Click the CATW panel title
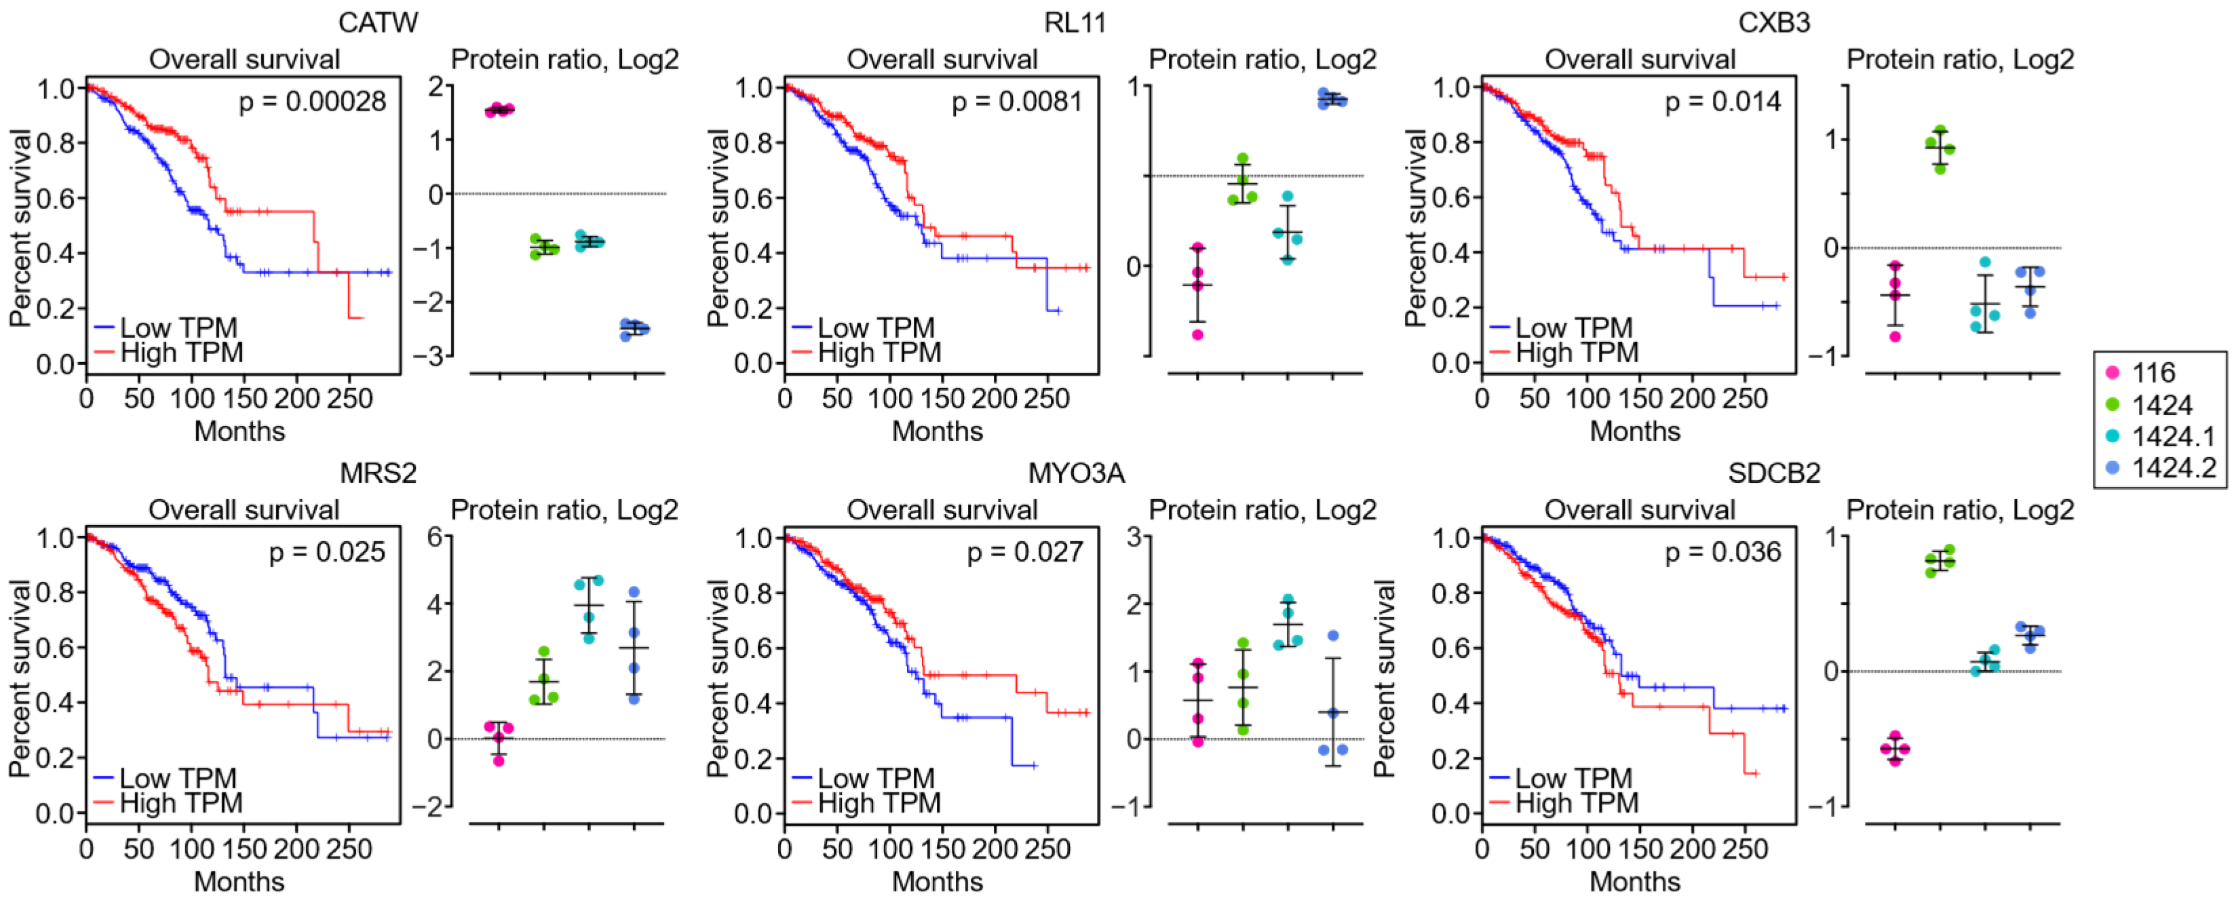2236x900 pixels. pyautogui.click(x=378, y=22)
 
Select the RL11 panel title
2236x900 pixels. pyautogui.click(x=1075, y=22)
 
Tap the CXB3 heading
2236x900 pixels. pyautogui.click(x=1773, y=22)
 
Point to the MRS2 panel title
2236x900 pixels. pyautogui.click(x=378, y=472)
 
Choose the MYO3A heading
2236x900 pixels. pyautogui.click(x=1077, y=472)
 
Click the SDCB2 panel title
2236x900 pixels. pyautogui.click(x=1773, y=472)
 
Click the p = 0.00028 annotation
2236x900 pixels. pyautogui.click(x=313, y=102)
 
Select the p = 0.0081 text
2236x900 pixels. pyautogui.click(x=1018, y=102)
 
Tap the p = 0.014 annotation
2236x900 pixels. pyautogui.click(x=1722, y=102)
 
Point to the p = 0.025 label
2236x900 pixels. pyautogui.click(x=327, y=552)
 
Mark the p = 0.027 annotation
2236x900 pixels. pyautogui.click(x=1025, y=552)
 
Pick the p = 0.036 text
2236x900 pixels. pyautogui.click(x=1723, y=552)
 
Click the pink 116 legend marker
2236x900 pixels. pyautogui.click(x=2113, y=372)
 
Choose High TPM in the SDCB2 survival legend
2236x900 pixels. pyautogui.click(x=1577, y=803)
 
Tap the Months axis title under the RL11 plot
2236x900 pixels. pyautogui.click(x=938, y=431)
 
